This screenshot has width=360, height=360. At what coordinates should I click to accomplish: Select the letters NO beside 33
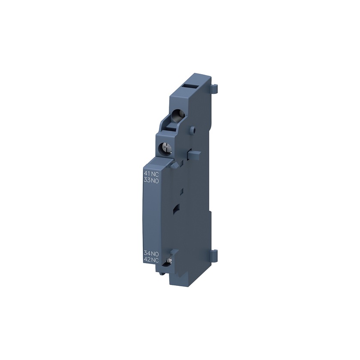(155, 181)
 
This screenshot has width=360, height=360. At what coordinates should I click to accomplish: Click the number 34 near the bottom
(147, 254)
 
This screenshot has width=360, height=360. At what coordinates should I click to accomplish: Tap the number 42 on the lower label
(147, 260)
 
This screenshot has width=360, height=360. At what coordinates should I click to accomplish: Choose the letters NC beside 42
(155, 261)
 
